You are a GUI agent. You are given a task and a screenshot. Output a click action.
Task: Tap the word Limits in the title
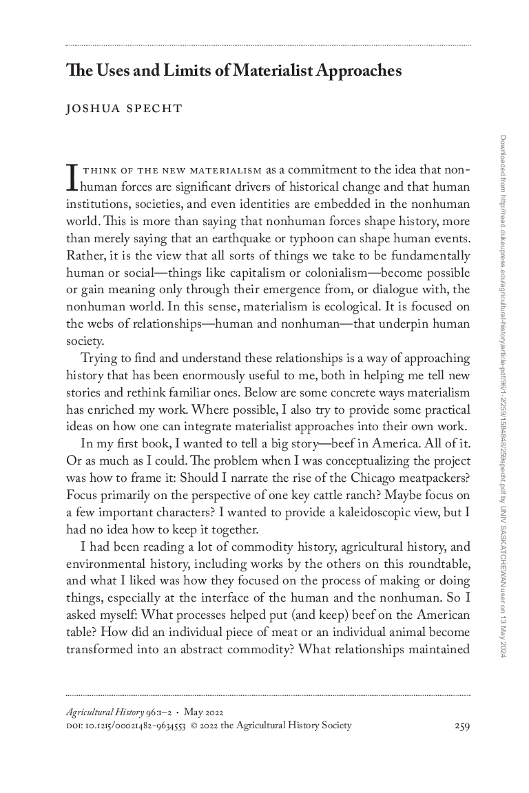(x=180, y=71)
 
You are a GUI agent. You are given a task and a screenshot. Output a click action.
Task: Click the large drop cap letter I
(x=71, y=176)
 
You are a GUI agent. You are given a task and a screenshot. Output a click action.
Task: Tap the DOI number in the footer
(x=136, y=725)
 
